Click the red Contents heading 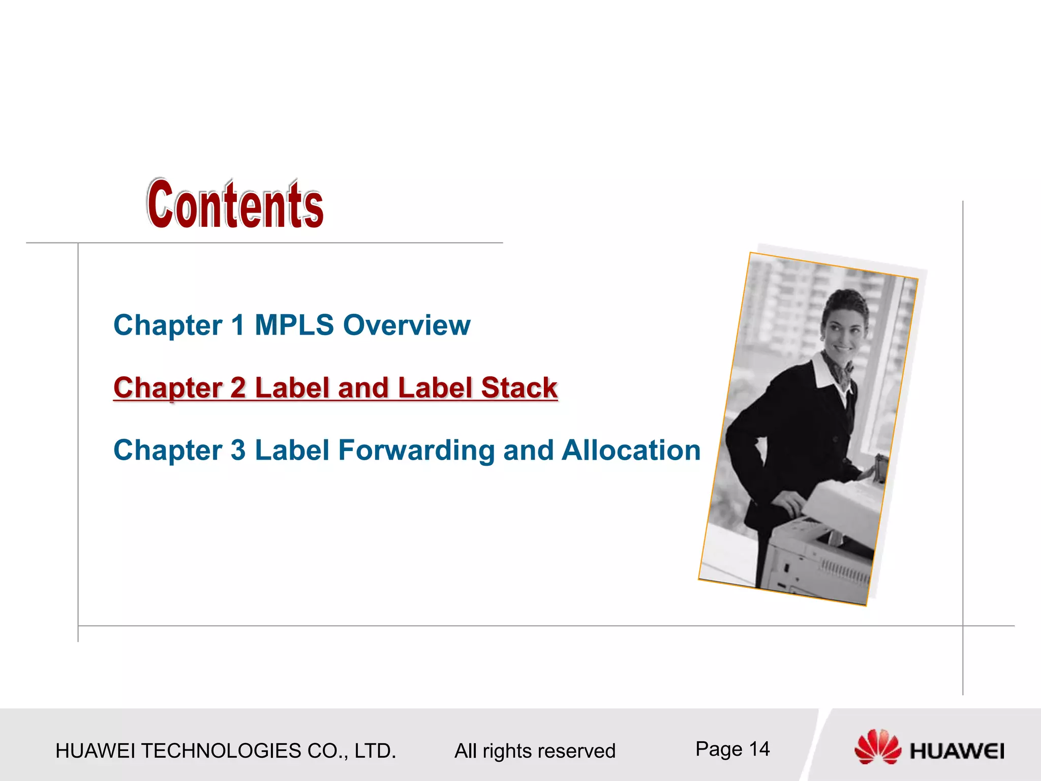click(x=235, y=204)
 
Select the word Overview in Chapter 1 click(x=407, y=325)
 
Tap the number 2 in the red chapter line click(x=238, y=388)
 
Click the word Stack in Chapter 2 click(x=519, y=388)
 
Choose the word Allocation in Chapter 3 click(x=631, y=450)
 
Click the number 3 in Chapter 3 click(x=238, y=450)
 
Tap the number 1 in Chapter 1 click(x=237, y=325)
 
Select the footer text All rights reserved click(x=535, y=751)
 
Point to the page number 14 click(x=759, y=749)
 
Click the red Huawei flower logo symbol click(x=877, y=746)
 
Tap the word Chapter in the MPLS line click(x=168, y=325)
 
